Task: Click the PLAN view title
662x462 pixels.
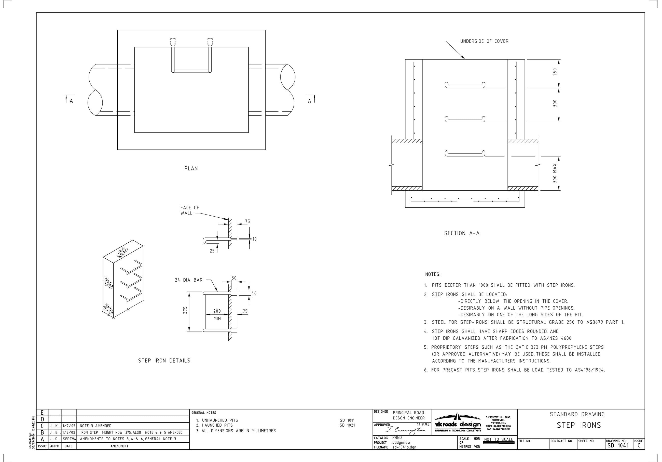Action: click(x=191, y=168)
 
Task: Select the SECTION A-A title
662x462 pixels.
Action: click(x=462, y=233)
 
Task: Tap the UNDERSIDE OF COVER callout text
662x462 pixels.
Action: click(x=484, y=41)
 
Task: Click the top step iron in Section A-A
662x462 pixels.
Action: click(x=465, y=85)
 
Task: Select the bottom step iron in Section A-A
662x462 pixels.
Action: click(x=465, y=153)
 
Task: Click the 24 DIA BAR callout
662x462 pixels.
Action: click(x=189, y=280)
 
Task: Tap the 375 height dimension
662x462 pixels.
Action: click(x=185, y=310)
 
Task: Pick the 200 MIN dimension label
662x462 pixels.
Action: click(x=217, y=314)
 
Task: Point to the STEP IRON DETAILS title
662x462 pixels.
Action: click(x=164, y=361)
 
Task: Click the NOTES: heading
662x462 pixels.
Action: click(x=433, y=274)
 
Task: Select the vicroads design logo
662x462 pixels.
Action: click(x=458, y=424)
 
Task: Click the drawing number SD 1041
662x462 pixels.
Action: click(x=618, y=445)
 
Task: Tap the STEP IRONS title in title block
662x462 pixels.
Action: click(x=579, y=425)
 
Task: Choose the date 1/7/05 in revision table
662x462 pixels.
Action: click(x=69, y=426)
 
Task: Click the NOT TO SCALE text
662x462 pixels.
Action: click(x=499, y=440)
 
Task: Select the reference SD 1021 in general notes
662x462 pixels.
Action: click(x=347, y=425)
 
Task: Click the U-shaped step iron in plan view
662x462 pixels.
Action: click(x=191, y=70)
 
